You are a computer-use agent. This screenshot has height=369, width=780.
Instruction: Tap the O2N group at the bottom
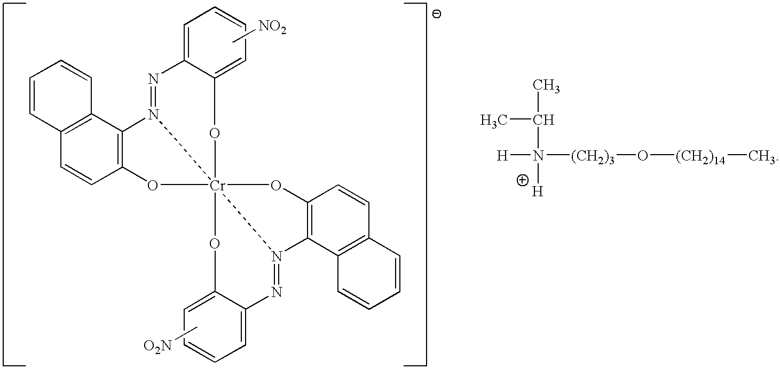tap(157, 347)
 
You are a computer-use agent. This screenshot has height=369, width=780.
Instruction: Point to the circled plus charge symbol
tap(522, 181)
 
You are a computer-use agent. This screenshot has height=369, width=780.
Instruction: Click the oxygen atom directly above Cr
tap(215, 132)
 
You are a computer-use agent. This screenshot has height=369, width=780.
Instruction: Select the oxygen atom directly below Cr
tap(215, 244)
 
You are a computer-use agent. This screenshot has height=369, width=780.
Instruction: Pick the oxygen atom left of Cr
tap(153, 186)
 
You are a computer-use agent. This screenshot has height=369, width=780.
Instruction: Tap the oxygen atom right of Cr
tap(276, 186)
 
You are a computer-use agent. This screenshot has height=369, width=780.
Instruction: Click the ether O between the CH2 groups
tap(642, 156)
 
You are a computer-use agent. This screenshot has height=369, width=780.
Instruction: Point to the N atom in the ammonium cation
tap(539, 156)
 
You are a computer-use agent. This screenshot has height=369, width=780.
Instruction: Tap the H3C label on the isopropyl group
tap(491, 121)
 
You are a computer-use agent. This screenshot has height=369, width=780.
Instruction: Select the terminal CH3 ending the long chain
tap(761, 157)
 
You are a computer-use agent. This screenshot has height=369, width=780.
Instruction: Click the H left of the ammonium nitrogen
tap(501, 156)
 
